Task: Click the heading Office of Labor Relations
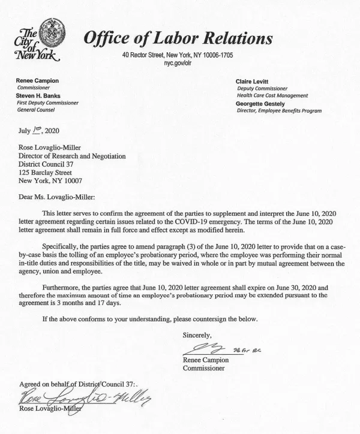click(178, 38)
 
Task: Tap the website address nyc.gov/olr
click(177, 62)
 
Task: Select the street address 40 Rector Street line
click(177, 55)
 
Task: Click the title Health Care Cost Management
click(272, 95)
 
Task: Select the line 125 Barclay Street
click(49, 173)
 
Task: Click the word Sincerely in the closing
click(197, 335)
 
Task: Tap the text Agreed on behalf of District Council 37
click(78, 384)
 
